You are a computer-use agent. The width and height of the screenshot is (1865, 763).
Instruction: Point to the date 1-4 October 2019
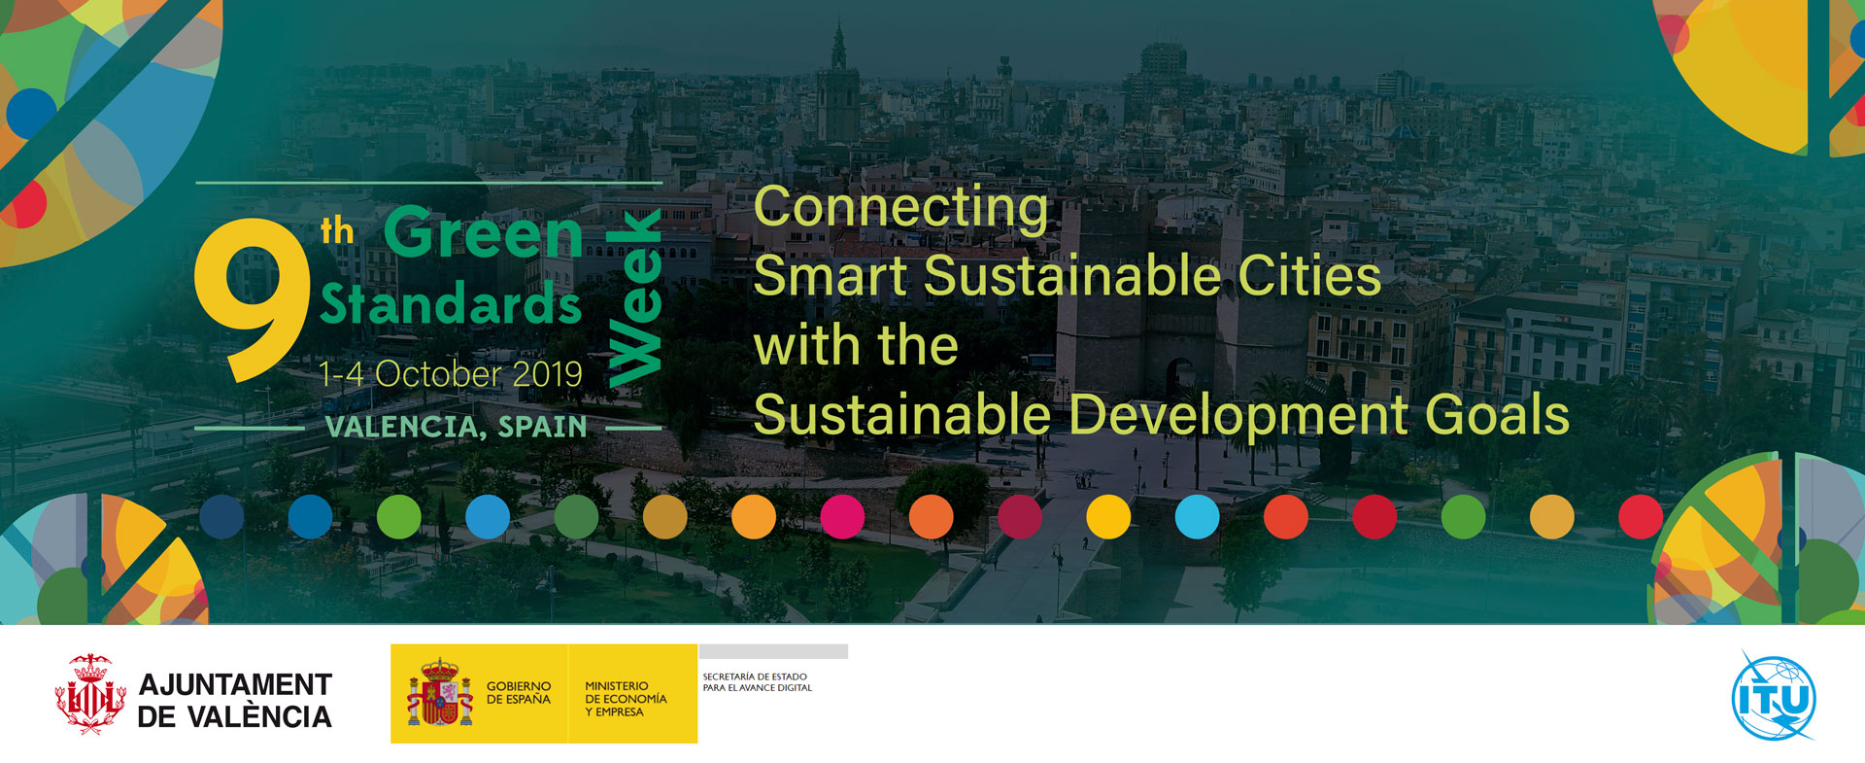click(451, 374)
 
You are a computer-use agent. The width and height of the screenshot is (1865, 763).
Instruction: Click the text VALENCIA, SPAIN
click(456, 427)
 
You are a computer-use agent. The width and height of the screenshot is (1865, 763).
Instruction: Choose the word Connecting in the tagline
click(901, 207)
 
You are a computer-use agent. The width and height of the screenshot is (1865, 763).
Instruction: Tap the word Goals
click(1497, 415)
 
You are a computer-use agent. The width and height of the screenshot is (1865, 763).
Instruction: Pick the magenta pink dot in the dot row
click(842, 516)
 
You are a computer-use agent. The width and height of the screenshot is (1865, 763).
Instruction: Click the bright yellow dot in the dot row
click(1108, 516)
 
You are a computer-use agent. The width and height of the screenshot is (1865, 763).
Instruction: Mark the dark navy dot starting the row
click(221, 516)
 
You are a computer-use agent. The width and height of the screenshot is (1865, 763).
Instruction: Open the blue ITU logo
click(1774, 697)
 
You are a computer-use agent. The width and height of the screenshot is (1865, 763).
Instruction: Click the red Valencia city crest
click(90, 694)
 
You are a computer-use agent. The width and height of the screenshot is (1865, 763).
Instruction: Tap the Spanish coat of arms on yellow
click(440, 693)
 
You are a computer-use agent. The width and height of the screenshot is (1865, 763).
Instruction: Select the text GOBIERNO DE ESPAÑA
click(519, 693)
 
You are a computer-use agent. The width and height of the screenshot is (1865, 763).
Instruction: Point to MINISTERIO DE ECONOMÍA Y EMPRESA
click(626, 699)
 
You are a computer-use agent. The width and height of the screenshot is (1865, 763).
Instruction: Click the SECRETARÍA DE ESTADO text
click(755, 676)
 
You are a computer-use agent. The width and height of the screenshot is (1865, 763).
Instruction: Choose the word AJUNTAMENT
click(235, 685)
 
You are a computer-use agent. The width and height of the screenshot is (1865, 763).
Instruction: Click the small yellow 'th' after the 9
click(337, 231)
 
